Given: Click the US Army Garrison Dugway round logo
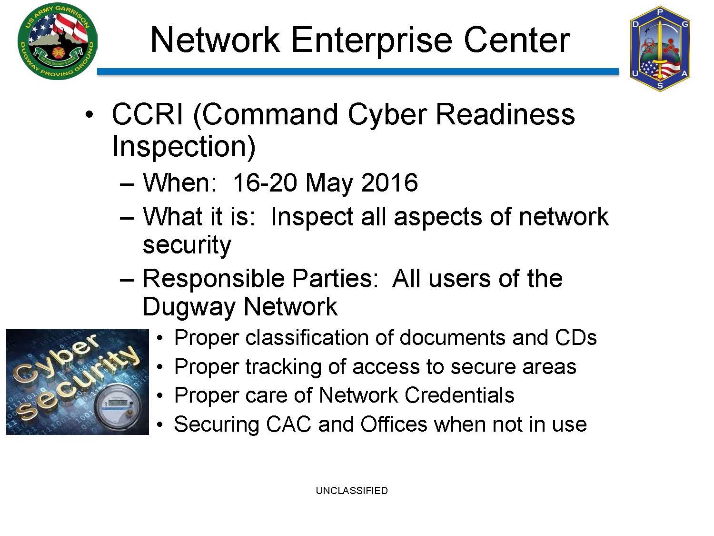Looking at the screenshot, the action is pyautogui.click(x=58, y=42).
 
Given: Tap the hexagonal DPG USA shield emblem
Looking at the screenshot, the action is pyautogui.click(x=660, y=49).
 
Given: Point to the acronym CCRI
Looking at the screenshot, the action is pyautogui.click(x=147, y=114).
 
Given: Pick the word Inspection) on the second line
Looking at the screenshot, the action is pyautogui.click(x=184, y=147).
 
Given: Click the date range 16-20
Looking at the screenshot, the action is pyautogui.click(x=265, y=182).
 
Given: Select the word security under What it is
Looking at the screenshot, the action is pyautogui.click(x=187, y=245).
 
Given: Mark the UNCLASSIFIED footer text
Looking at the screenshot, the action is pyautogui.click(x=352, y=490).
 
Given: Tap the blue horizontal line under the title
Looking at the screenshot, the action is pyautogui.click(x=358, y=71).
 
